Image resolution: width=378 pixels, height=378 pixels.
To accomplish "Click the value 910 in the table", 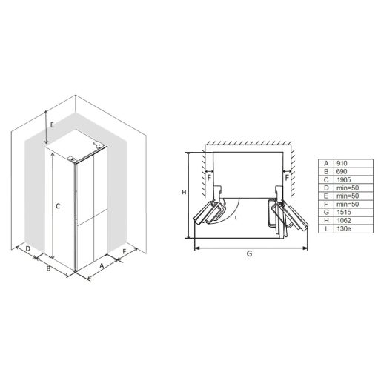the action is pos(342,163).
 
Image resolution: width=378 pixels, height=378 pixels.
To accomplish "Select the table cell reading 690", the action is pos(342,171).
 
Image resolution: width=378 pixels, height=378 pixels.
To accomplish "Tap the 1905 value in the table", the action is pos(343,179).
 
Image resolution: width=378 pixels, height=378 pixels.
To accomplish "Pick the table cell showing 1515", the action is pos(343,212).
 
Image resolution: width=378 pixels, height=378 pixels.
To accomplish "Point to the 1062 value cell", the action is pos(343,220).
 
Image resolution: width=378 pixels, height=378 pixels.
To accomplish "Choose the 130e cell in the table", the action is pos(343,228).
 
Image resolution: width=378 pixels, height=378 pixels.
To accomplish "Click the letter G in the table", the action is pos(326,212).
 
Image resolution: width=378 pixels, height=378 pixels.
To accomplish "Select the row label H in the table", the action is pos(326,220).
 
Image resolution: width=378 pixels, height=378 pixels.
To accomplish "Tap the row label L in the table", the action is pos(327,228).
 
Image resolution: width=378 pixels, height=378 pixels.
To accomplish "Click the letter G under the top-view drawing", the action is pos(250,253).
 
